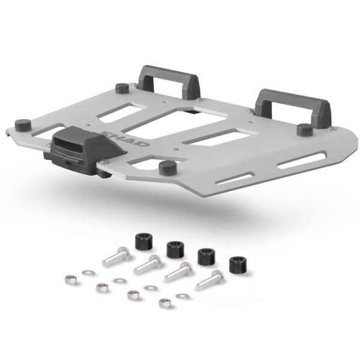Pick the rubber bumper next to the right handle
(x=304, y=129)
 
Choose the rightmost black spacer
(x=237, y=265)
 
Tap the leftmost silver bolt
(x=116, y=257)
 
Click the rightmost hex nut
(x=163, y=303)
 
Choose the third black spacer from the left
(x=206, y=256)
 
